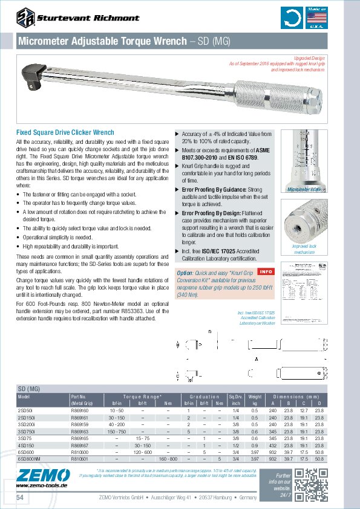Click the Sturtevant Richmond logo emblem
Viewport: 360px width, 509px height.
(x=25, y=18)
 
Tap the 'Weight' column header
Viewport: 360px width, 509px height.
(x=255, y=396)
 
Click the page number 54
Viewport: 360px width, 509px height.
(x=19, y=497)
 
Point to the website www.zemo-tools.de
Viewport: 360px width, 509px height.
(x=38, y=485)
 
